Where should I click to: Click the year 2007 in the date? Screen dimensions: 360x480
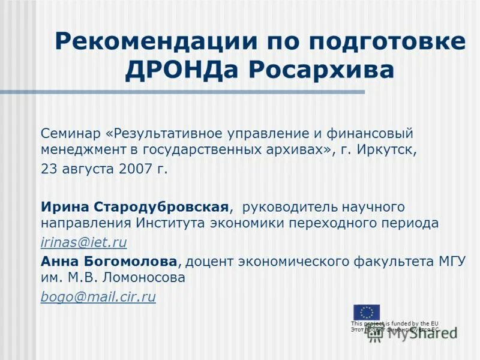pyautogui.click(x=136, y=169)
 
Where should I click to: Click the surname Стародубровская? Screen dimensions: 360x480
pyautogui.click(x=161, y=207)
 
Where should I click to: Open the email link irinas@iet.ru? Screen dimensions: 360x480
pyautogui.click(x=83, y=242)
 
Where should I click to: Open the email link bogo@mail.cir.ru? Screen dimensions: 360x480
pyautogui.click(x=98, y=296)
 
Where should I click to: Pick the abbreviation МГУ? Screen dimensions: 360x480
pyautogui.click(x=448, y=262)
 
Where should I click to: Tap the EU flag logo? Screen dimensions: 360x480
pyautogui.click(x=366, y=312)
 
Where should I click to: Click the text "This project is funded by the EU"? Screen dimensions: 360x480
pyautogui.click(x=394, y=323)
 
